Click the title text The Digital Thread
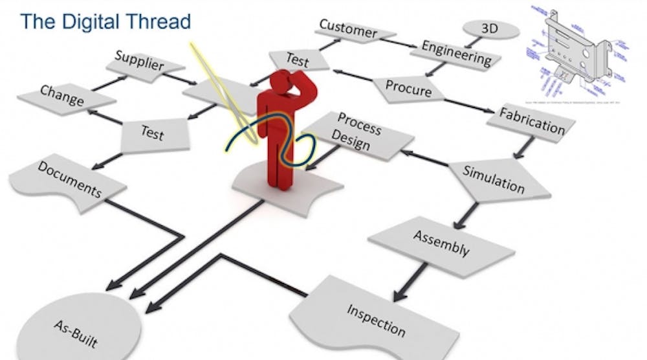(x=105, y=21)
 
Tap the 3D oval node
(x=491, y=30)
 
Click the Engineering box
(x=456, y=54)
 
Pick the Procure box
(x=408, y=89)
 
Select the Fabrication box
(x=531, y=122)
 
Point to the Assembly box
(x=441, y=243)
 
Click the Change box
(x=62, y=96)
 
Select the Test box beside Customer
(x=298, y=61)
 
